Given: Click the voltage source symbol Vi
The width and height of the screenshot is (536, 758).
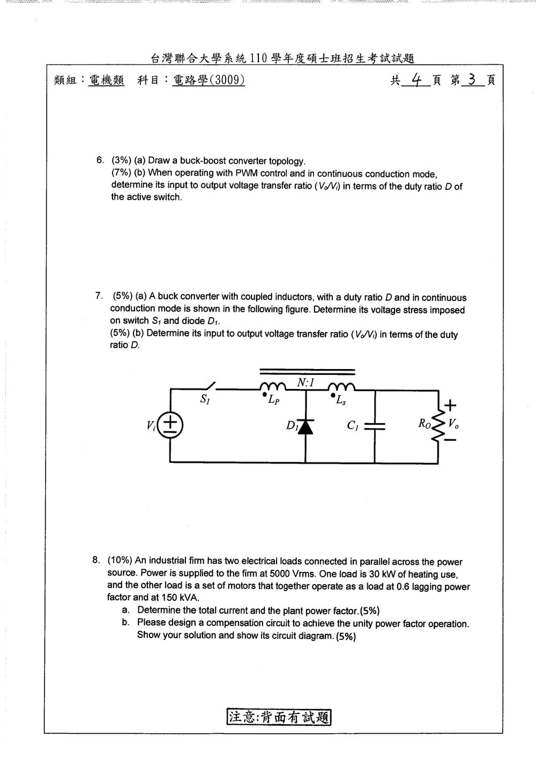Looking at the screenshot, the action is click(170, 425).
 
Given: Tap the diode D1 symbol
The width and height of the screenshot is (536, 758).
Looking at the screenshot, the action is click(306, 426).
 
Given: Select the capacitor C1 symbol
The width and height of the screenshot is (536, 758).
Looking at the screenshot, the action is click(375, 426).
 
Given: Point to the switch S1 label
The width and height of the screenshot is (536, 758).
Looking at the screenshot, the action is click(205, 400).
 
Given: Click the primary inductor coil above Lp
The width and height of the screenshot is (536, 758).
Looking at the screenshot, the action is click(273, 386).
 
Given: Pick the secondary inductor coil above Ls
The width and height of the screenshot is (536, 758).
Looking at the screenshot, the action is click(341, 386).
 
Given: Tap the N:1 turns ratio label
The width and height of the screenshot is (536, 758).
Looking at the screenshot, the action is click(306, 382).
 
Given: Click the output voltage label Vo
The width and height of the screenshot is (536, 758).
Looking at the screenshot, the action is click(453, 424).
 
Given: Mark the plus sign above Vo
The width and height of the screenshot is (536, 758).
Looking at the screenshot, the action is click(450, 405).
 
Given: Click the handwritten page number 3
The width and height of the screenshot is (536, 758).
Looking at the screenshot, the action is click(472, 79).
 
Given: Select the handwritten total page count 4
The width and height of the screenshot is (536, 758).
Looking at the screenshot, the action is click(416, 80).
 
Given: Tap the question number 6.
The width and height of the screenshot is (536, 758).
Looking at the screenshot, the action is click(100, 160).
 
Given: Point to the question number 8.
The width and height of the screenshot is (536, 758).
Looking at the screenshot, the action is click(96, 560).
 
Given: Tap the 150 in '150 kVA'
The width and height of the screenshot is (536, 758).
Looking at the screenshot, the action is click(169, 598).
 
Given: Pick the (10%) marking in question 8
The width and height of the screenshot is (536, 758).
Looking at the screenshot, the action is click(120, 561).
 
